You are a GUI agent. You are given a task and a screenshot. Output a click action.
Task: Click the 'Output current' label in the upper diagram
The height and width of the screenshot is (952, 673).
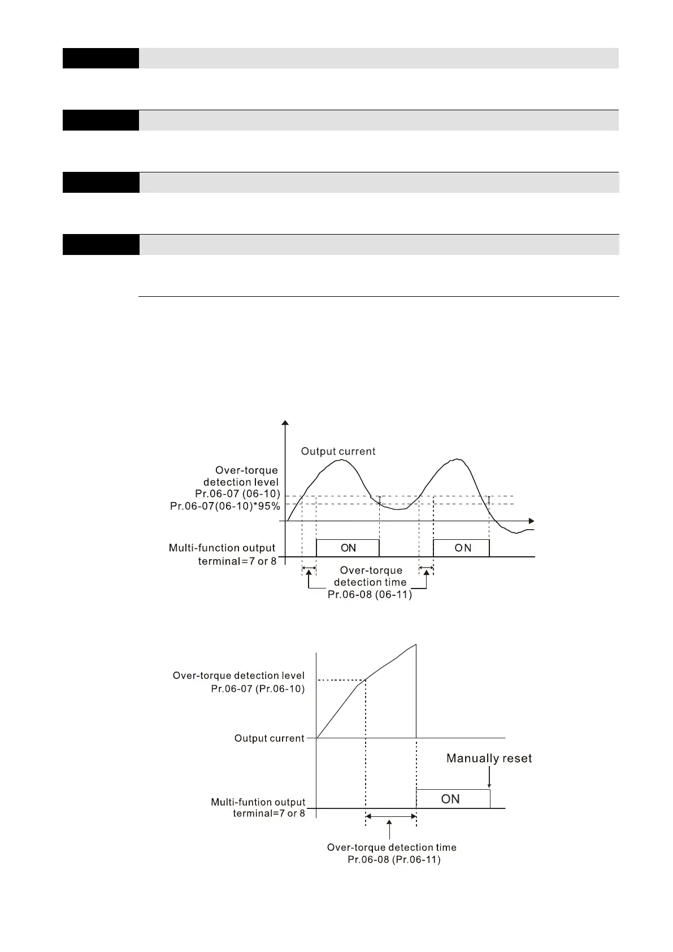pyautogui.click(x=338, y=451)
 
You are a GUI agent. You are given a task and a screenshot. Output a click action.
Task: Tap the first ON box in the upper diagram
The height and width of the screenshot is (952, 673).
pyautogui.click(x=348, y=548)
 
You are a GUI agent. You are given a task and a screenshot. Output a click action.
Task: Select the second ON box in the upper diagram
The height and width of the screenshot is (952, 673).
pyautogui.click(x=461, y=548)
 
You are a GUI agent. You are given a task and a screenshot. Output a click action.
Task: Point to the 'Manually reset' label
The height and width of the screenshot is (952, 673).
pyautogui.click(x=489, y=758)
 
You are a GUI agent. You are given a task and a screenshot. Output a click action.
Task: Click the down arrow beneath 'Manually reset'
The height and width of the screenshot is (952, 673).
pyautogui.click(x=489, y=780)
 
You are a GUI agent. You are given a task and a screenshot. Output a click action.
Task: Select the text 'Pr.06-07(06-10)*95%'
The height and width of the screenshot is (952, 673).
pyautogui.click(x=225, y=506)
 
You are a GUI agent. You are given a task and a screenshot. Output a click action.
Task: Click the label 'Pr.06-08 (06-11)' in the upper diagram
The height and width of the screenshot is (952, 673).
pyautogui.click(x=370, y=595)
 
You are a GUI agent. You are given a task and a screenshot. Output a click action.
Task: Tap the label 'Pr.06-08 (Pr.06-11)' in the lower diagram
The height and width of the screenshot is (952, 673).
pyautogui.click(x=394, y=859)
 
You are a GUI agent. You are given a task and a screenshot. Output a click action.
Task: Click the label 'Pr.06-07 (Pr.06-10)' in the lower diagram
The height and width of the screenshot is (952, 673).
pyautogui.click(x=258, y=689)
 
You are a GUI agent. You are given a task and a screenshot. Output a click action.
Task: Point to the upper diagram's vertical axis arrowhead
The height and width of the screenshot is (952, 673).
pyautogui.click(x=285, y=423)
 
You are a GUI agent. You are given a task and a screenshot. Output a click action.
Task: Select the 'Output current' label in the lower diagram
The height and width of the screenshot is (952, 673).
pyautogui.click(x=269, y=738)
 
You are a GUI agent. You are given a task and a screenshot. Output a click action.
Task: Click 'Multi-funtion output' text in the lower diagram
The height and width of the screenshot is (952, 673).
pyautogui.click(x=258, y=802)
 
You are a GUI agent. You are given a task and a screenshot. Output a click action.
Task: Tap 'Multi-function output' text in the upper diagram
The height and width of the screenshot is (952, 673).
pyautogui.click(x=222, y=547)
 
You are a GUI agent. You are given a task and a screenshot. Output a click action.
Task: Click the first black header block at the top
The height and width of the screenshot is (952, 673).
pyautogui.click(x=101, y=58)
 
